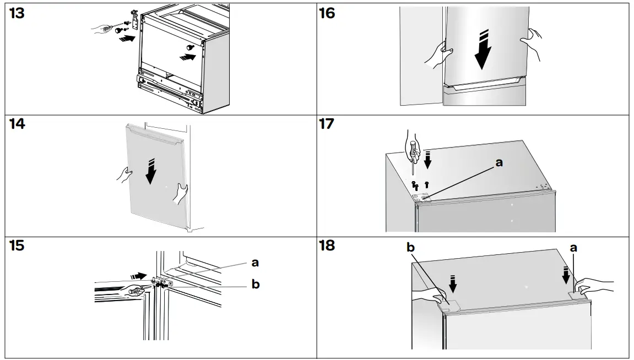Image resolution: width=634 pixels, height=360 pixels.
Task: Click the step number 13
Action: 17,13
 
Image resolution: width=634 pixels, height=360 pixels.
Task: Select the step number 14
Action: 17,125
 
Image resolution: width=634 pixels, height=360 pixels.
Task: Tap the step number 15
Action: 17,246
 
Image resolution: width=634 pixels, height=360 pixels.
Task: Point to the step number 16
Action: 327,13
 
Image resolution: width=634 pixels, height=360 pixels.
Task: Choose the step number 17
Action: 327,125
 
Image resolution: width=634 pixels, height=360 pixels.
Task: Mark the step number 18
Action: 327,246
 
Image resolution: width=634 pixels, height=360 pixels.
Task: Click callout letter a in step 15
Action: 255,263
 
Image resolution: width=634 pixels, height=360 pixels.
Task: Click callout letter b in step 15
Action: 255,285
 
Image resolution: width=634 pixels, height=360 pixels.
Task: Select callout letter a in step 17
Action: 499,162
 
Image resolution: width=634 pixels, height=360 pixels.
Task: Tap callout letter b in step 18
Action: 410,248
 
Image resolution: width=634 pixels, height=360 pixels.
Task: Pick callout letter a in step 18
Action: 573,248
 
